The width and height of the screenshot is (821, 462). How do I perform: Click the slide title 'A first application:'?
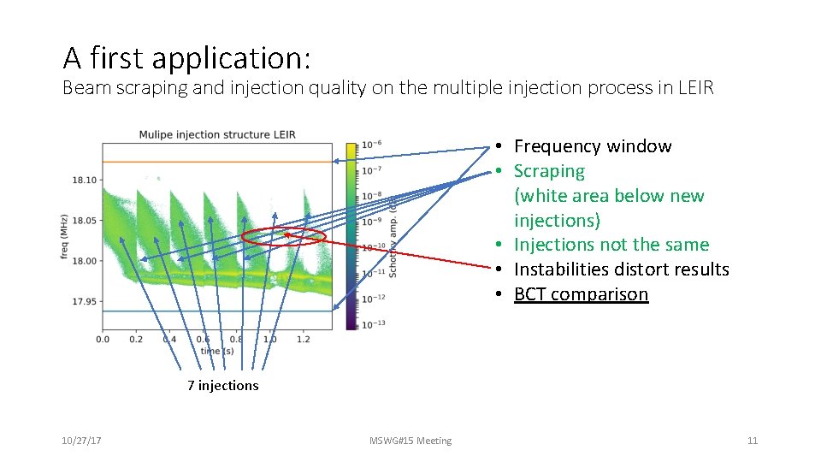coord(186,57)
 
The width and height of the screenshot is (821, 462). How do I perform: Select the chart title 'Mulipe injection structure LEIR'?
coord(216,134)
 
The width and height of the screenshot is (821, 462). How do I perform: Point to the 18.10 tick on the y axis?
coord(86,181)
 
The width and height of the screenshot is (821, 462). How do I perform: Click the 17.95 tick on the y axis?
coord(86,301)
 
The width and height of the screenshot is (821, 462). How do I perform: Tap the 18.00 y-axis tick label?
coord(86,261)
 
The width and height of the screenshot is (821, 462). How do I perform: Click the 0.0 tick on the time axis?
coord(103,340)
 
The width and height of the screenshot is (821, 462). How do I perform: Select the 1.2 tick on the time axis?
coord(303,340)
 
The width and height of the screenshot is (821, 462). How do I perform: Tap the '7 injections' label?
coord(222,386)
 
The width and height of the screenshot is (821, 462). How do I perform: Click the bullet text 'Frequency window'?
coord(592,146)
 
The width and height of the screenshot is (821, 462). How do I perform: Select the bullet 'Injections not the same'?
coord(611,245)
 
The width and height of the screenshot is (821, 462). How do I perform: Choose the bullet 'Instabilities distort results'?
coord(621,269)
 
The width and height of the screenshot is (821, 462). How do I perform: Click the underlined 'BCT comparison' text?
coord(581,294)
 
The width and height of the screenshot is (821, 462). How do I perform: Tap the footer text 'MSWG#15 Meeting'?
coord(410,441)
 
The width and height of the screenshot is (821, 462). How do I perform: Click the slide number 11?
coord(753,441)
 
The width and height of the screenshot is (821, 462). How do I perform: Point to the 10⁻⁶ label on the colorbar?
coord(371,145)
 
